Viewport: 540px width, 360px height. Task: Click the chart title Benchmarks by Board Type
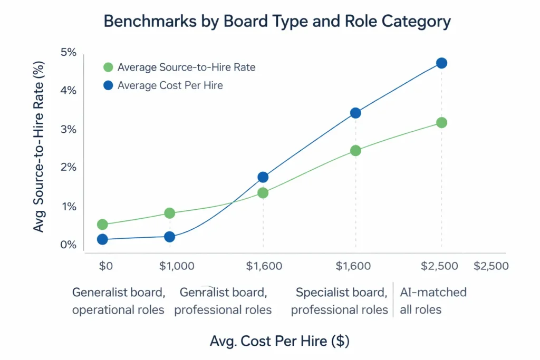pyautogui.click(x=277, y=21)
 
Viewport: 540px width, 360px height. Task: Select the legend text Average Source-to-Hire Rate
pyautogui.click(x=186, y=67)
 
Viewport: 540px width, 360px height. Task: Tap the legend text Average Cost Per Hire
pyautogui.click(x=170, y=85)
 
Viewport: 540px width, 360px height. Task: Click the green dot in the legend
pyautogui.click(x=108, y=67)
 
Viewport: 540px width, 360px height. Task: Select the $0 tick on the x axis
pyautogui.click(x=105, y=266)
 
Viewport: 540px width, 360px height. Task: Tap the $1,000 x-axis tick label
pyautogui.click(x=177, y=266)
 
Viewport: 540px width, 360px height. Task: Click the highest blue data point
pyautogui.click(x=441, y=63)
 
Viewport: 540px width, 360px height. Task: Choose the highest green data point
pyautogui.click(x=441, y=123)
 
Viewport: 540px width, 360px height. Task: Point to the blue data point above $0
pyautogui.click(x=102, y=239)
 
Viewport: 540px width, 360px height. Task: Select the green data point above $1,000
pyautogui.click(x=169, y=213)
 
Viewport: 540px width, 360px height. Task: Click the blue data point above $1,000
pyautogui.click(x=169, y=237)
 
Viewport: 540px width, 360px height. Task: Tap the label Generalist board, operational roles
pyautogui.click(x=119, y=301)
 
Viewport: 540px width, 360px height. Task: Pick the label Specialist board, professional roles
pyautogui.click(x=340, y=301)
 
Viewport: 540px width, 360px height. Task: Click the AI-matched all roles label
pyautogui.click(x=433, y=301)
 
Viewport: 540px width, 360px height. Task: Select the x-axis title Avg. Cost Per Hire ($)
pyautogui.click(x=279, y=341)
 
